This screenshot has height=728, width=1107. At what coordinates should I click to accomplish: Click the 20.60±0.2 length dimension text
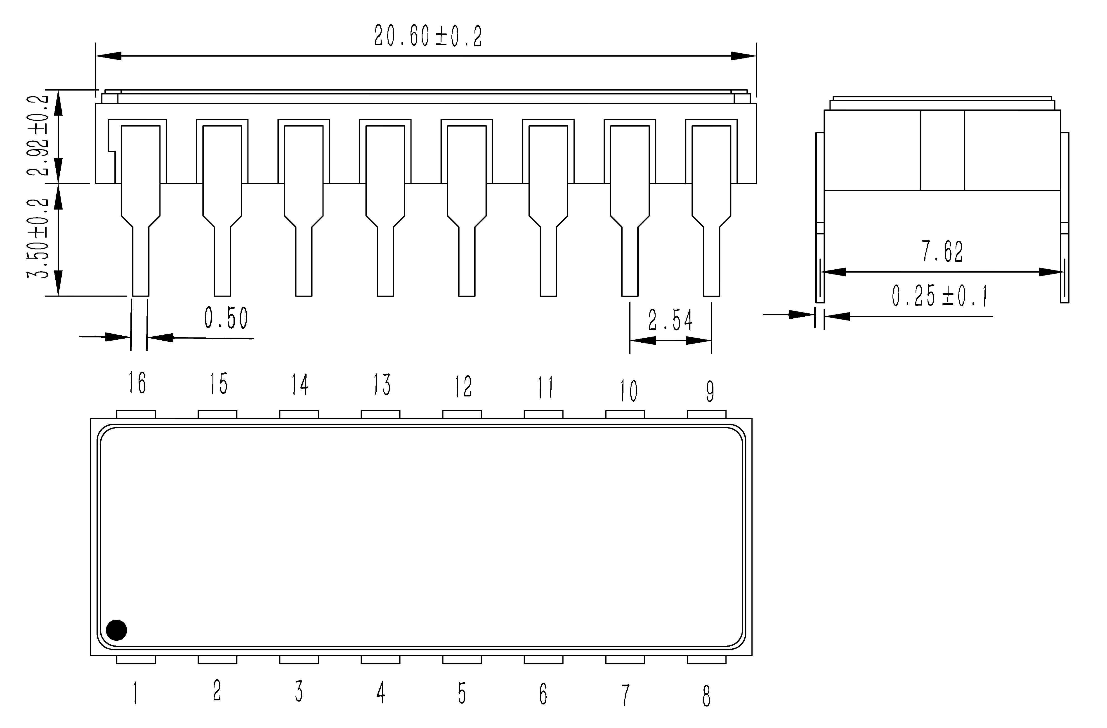click(x=428, y=36)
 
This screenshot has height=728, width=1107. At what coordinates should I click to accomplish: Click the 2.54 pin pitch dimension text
click(x=670, y=320)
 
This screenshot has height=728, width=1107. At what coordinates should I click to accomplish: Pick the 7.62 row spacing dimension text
click(x=942, y=252)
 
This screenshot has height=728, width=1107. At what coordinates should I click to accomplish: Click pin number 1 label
click(x=135, y=693)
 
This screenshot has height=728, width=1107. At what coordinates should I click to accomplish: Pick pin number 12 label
click(x=463, y=386)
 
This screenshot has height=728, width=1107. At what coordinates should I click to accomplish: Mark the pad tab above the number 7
click(x=625, y=659)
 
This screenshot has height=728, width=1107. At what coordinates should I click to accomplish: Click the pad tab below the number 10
click(x=625, y=414)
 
